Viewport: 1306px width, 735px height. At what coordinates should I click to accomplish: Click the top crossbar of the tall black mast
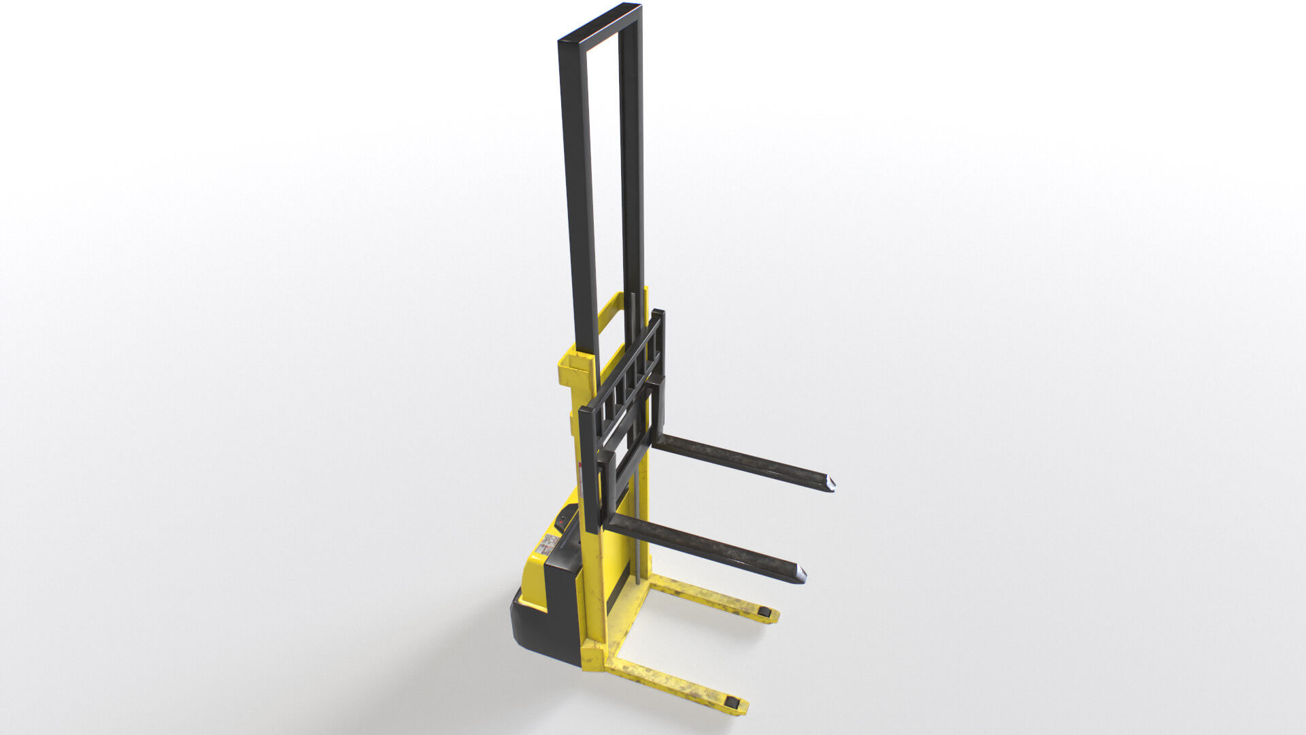(599, 25)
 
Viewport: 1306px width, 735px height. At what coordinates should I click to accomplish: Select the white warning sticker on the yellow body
(548, 544)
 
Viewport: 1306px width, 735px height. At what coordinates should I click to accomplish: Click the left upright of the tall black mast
(578, 204)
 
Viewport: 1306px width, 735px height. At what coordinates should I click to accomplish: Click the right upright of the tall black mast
(632, 170)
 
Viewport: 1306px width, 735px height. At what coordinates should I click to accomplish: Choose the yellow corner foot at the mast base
(592, 659)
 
